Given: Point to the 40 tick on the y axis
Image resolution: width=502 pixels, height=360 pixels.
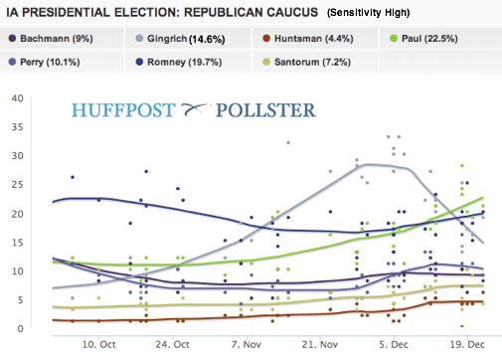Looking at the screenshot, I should [16, 98].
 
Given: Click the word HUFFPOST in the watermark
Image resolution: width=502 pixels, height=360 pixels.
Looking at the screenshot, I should [122, 108].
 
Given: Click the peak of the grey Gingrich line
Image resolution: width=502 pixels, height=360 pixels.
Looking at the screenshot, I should [370, 164].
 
